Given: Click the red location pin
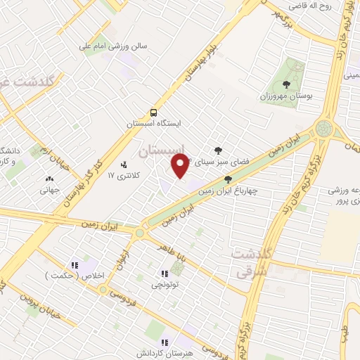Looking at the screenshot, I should tap(180, 166).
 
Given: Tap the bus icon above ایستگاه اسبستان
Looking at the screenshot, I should tap(153, 112).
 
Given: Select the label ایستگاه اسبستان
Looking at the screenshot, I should tap(153, 124).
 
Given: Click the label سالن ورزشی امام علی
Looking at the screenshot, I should tap(112, 46).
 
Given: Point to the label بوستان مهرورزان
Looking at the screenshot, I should tap(285, 95).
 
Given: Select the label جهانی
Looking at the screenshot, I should tap(49, 188).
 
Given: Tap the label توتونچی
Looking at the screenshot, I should tap(164, 285).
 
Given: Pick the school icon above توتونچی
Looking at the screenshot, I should tap(165, 274).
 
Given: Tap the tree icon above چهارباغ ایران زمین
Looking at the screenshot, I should tap(227, 180).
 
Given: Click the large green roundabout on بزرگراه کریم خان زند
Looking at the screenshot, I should tap(324, 128).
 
